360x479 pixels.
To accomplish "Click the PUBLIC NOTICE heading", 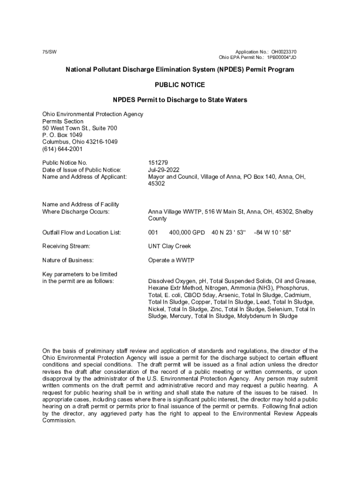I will click(180, 85).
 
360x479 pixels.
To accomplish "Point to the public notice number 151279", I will click(158, 163).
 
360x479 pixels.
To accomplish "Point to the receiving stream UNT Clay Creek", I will click(169, 246).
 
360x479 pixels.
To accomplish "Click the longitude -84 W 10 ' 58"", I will click(272, 232).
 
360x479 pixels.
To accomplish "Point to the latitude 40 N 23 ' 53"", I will click(229, 232).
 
